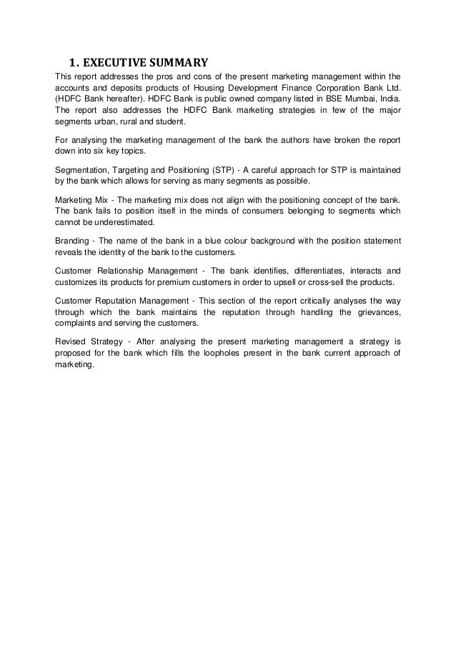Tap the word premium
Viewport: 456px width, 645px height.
click(x=181, y=284)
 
